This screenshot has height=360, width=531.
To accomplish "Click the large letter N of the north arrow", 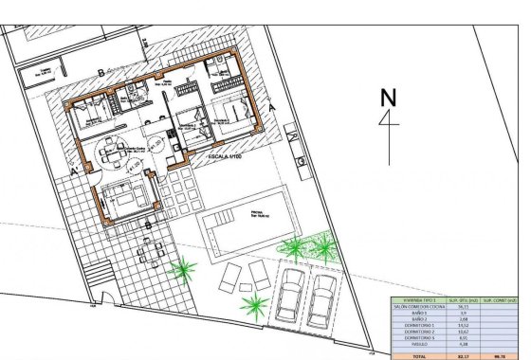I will pyautogui.click(x=386, y=98).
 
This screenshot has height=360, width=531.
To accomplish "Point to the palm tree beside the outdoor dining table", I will pyautogui.click(x=180, y=272).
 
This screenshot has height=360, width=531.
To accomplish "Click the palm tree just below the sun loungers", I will pyautogui.click(x=253, y=305).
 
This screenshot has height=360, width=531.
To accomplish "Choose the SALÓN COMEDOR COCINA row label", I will pyautogui.click(x=419, y=307).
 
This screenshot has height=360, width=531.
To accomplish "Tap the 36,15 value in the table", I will pyautogui.click(x=463, y=307).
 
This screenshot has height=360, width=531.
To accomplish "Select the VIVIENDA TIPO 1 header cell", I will pyautogui.click(x=419, y=299).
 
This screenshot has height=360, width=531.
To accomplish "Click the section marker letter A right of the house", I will pyautogui.click(x=272, y=109).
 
